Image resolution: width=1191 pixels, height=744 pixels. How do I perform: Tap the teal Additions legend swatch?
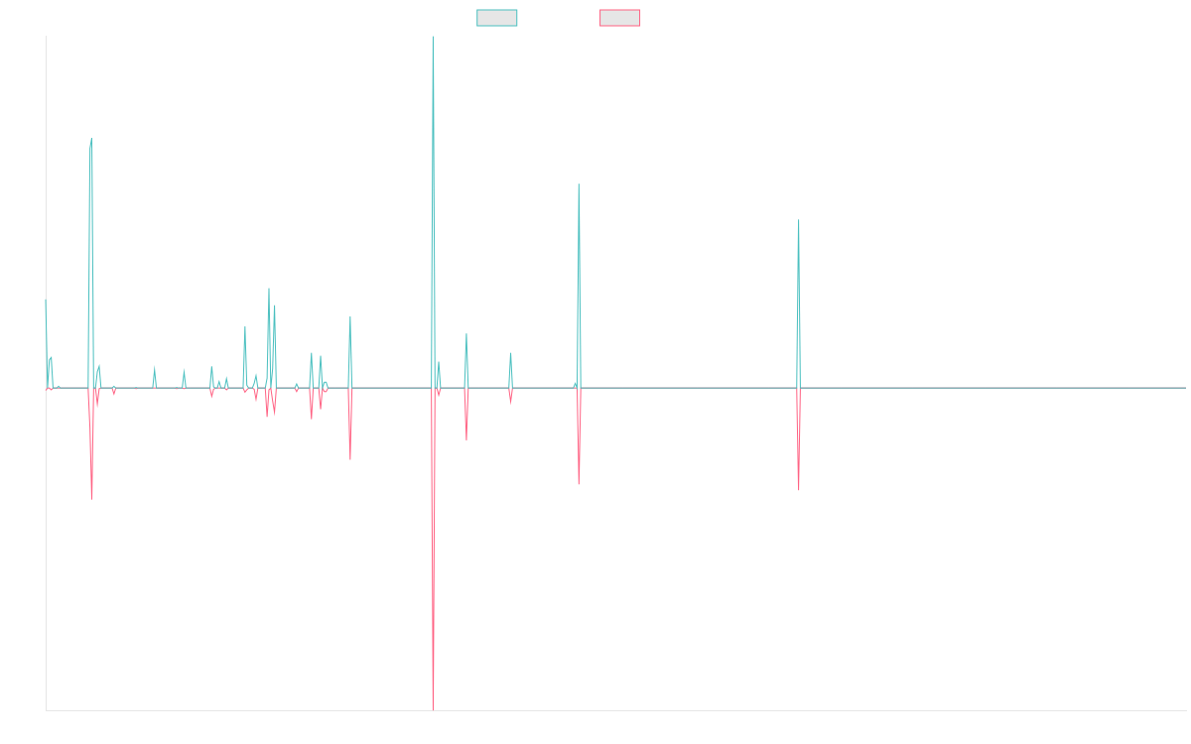497,18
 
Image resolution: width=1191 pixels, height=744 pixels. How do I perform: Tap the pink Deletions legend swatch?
620,18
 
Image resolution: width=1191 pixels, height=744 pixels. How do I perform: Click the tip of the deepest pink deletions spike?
434,708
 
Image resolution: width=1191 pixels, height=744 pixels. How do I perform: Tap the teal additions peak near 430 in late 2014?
91,138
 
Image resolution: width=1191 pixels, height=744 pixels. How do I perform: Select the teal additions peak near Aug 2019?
579,185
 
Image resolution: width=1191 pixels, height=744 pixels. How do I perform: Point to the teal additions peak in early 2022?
799,221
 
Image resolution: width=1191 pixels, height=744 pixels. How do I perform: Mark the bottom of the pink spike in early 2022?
799,490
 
